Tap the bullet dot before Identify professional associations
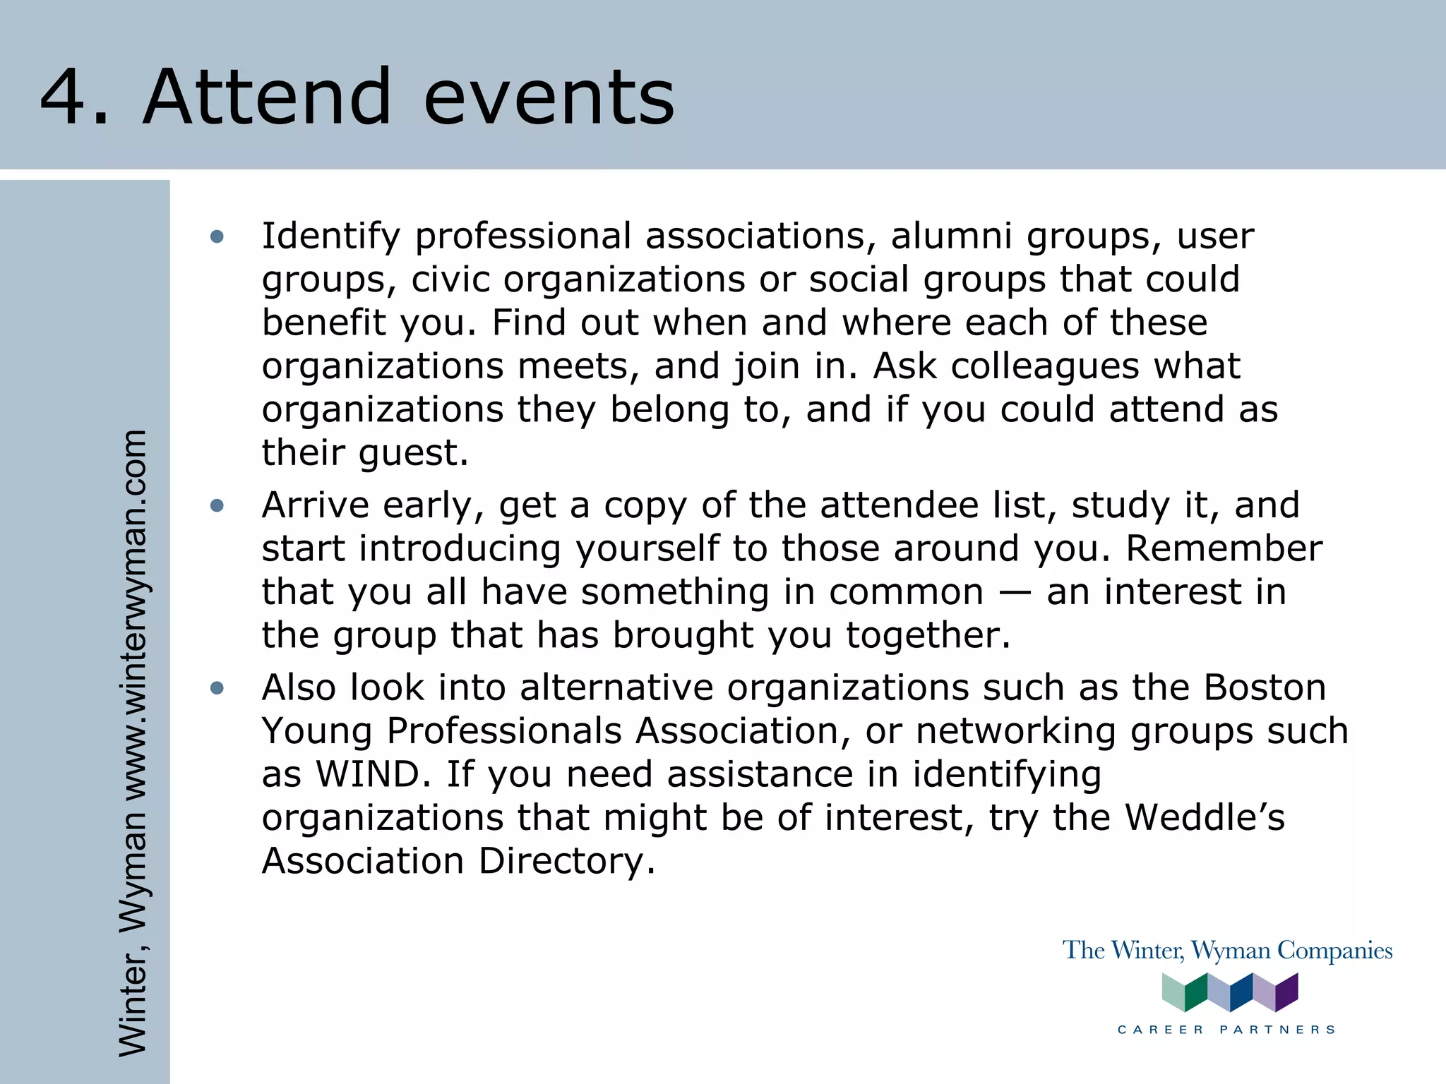217,236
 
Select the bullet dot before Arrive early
217,505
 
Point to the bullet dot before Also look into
217,688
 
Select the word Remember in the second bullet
1224,548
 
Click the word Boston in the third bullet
1265,687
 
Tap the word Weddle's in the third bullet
1205,818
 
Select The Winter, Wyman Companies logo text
1227,951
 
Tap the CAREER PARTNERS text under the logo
1227,1030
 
